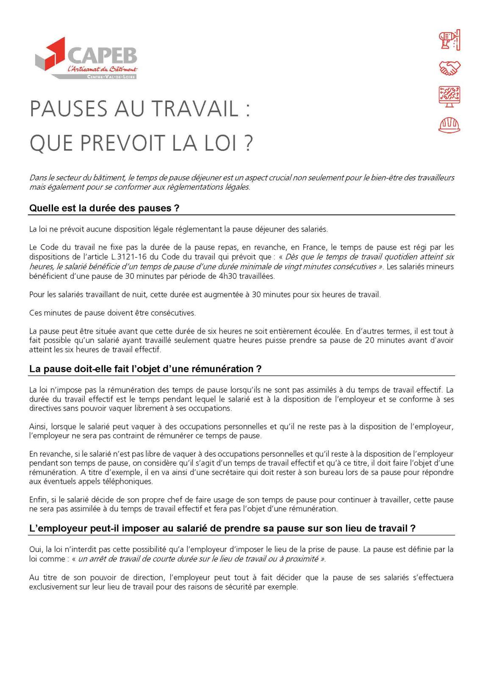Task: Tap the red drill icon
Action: (x=449, y=41)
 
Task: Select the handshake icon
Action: (x=449, y=68)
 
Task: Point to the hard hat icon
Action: (x=449, y=124)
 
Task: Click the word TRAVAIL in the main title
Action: (x=194, y=109)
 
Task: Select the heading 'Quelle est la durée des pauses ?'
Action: (x=104, y=208)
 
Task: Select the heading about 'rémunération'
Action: (x=145, y=369)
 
